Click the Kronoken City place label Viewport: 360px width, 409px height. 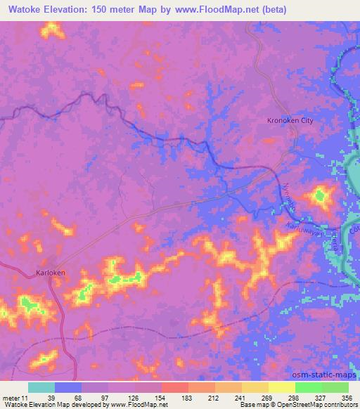pos(290,121)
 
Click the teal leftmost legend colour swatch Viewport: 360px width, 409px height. pos(41,387)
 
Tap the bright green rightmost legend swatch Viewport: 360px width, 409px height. pos(335,387)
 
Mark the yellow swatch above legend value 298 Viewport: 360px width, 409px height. pos(282,387)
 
